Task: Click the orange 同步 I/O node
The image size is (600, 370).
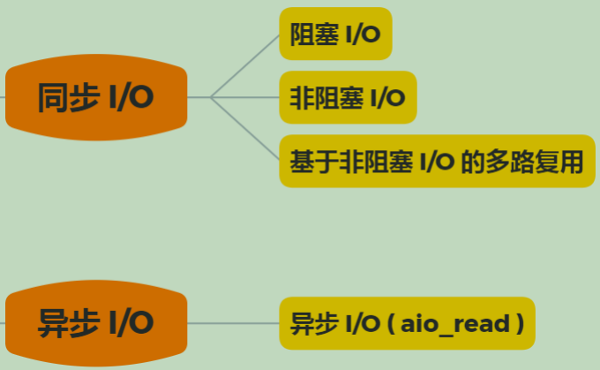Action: pos(96,97)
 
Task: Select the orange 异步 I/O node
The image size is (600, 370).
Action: pos(96,323)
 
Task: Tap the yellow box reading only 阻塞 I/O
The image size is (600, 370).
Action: pos(335,34)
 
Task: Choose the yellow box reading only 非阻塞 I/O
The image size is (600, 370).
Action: pos(348,97)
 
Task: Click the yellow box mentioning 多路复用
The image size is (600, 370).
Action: pos(437,162)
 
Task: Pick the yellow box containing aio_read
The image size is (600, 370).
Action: pos(407,323)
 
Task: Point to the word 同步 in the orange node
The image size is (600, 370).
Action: pos(67,97)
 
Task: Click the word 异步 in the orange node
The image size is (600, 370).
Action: pos(67,323)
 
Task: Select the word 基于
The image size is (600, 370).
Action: pos(315,162)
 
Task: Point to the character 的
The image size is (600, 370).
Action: pos(472,162)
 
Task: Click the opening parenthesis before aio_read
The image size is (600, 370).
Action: pos(391,324)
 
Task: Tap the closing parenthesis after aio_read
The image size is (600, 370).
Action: pos(521,324)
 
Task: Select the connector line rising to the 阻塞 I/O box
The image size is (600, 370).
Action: pos(245,64)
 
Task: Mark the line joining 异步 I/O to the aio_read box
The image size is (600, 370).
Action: pos(234,323)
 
